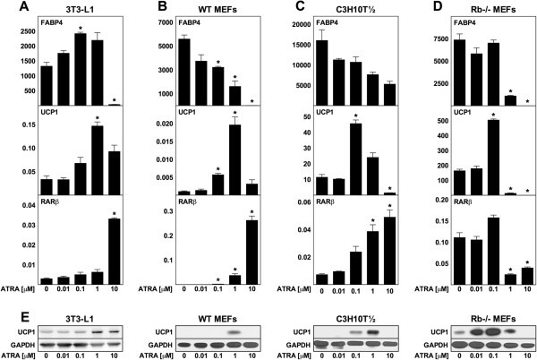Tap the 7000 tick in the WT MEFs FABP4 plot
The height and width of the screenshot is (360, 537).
pos(175,24)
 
